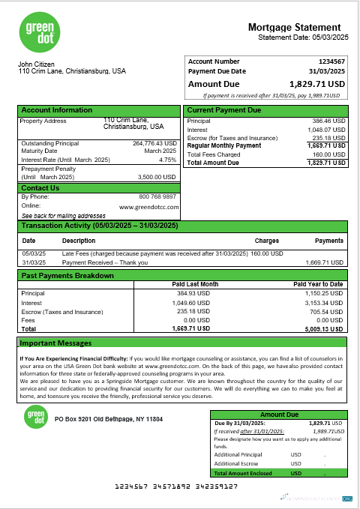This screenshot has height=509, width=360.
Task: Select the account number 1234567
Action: [330, 61]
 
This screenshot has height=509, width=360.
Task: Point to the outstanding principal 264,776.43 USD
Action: [154, 143]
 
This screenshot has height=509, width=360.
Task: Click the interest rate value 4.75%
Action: [167, 160]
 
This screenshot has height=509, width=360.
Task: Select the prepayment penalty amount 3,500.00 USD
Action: [157, 177]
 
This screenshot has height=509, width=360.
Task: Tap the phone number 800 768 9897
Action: [155, 196]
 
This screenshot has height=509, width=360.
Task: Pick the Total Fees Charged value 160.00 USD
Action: [327, 154]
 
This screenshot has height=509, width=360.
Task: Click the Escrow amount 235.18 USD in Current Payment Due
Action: [328, 138]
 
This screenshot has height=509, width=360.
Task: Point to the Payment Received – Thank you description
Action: [105, 263]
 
